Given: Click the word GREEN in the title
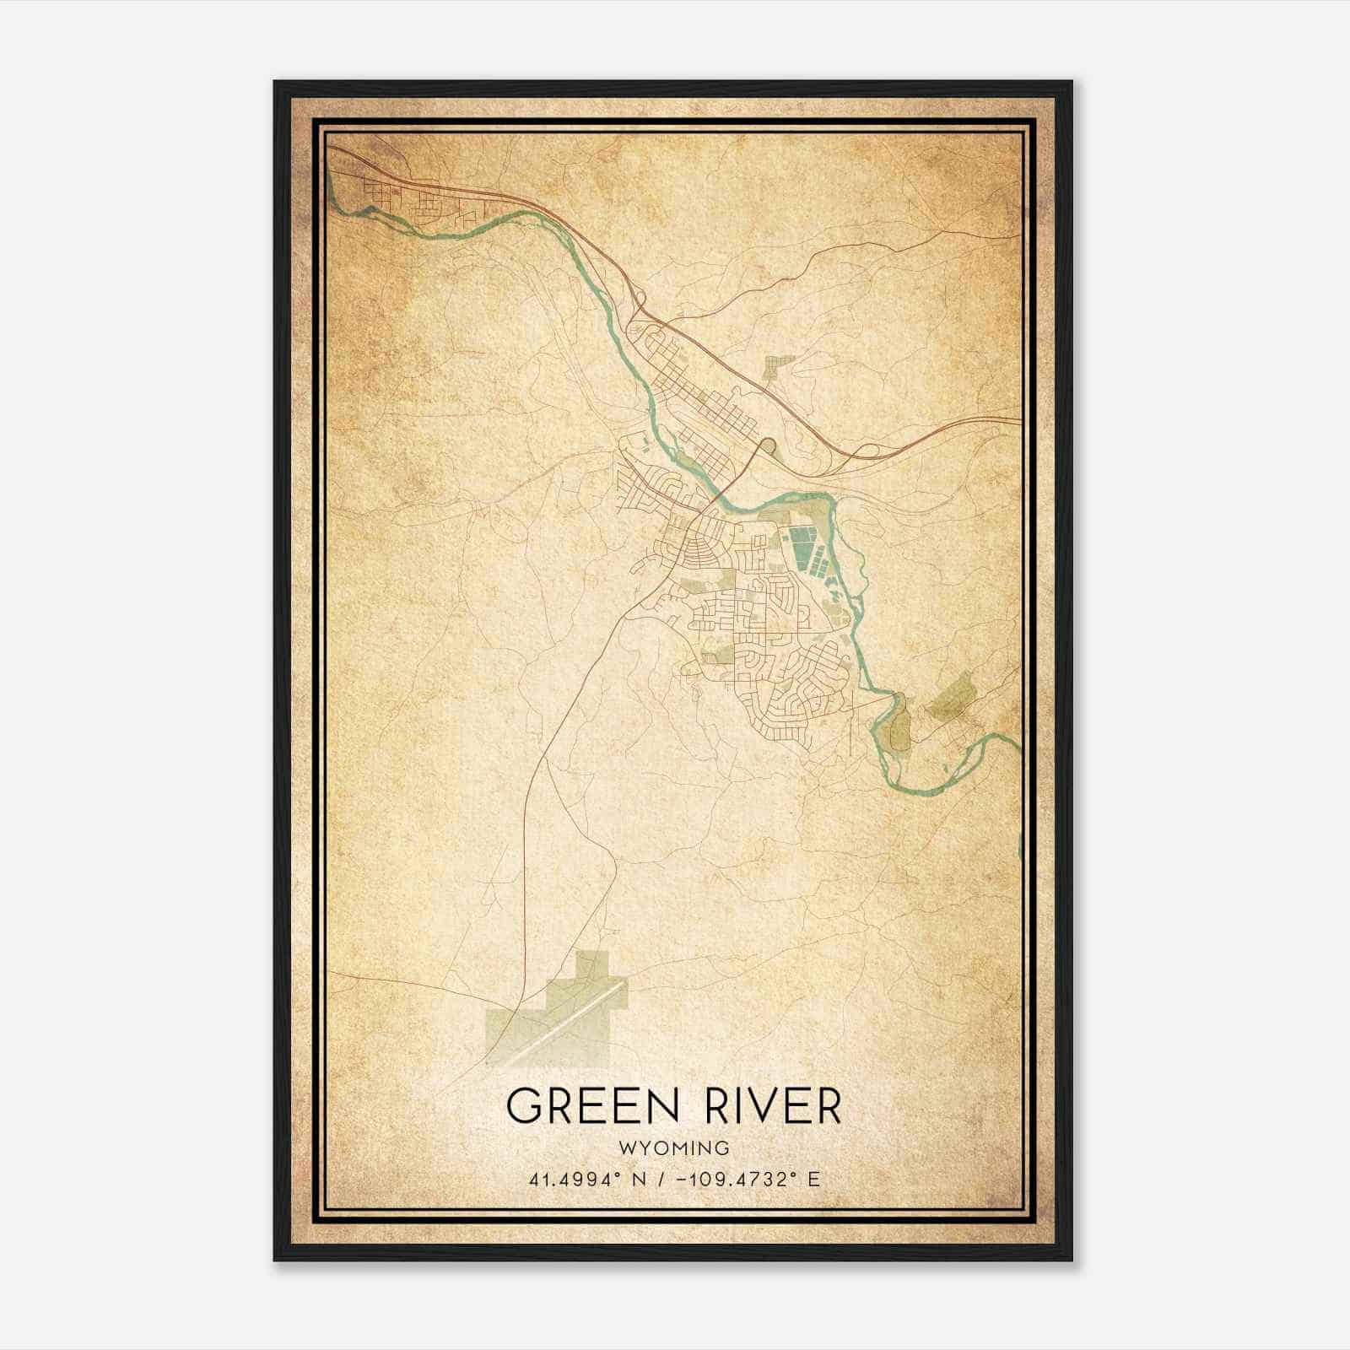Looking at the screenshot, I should (x=582, y=1105).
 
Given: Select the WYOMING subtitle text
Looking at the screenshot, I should (x=674, y=1147).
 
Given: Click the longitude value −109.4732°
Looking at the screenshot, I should (x=733, y=1179).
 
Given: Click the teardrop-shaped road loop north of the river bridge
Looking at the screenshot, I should (x=769, y=445).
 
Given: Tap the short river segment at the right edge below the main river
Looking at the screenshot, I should (x=1019, y=844).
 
